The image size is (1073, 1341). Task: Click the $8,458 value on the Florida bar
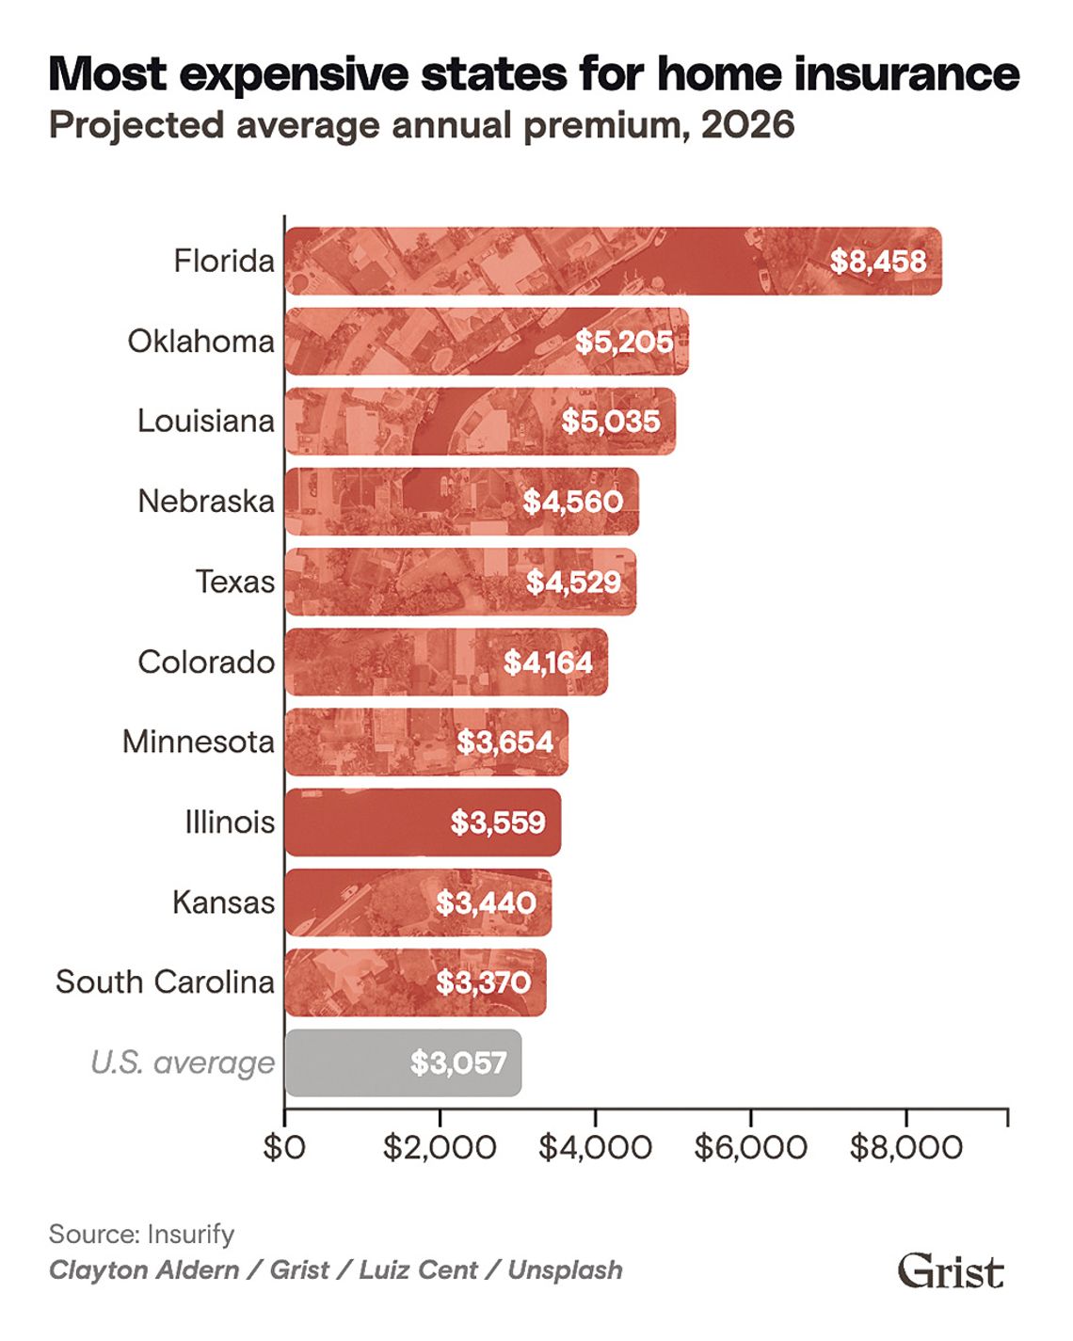coord(877,261)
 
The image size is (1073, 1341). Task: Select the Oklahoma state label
coord(200,341)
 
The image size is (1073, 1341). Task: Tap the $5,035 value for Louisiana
coord(611,421)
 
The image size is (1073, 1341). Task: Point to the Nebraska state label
coord(206,501)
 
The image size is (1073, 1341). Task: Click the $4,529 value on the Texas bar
coord(573,582)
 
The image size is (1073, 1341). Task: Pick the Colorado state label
coord(206,662)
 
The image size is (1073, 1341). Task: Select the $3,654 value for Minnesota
coord(504,742)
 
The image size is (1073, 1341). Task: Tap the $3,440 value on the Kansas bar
coord(486,902)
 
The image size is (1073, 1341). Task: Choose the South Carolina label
coord(165,982)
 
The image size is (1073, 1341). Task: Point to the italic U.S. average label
coord(183,1062)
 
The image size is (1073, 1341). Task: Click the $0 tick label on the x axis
coord(284,1147)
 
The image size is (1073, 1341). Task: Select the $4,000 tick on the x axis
coord(595,1147)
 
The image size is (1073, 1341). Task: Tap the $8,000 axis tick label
coord(905,1147)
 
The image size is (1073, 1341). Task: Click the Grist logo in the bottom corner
coord(950,1270)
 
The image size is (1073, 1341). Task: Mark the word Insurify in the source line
coord(190,1234)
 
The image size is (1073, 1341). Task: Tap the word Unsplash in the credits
coord(565,1270)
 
